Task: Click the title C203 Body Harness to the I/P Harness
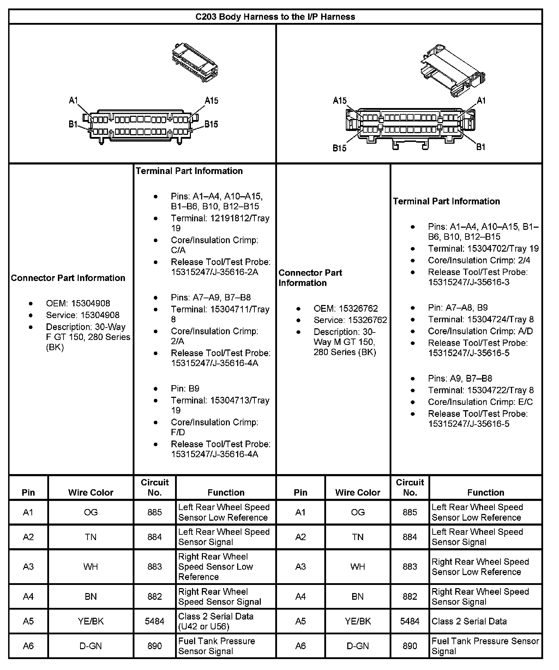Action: (275, 17)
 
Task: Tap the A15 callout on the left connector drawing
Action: (211, 101)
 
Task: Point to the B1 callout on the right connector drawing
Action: (481, 146)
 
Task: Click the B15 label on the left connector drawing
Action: (211, 124)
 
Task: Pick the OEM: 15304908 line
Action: (78, 303)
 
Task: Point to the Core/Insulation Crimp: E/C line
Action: (480, 402)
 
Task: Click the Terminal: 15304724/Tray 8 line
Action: (481, 319)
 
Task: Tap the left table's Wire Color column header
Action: (91, 492)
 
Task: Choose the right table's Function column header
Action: (486, 492)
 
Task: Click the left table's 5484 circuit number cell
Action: (155, 621)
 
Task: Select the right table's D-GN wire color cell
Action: (357, 646)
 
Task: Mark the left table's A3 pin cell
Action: (28, 567)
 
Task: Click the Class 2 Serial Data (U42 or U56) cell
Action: (216, 621)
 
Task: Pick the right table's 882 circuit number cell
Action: (410, 596)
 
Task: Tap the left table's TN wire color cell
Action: (91, 537)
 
